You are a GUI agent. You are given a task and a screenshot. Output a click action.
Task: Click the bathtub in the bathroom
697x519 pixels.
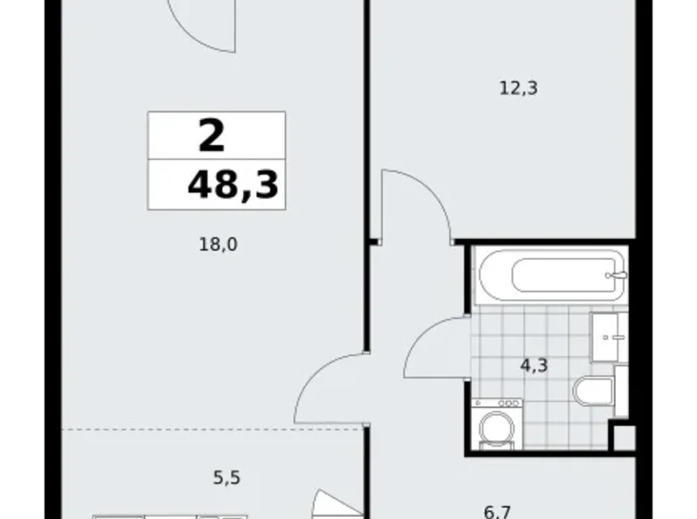point(549,275)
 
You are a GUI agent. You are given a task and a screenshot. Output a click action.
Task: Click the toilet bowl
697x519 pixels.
point(593,394)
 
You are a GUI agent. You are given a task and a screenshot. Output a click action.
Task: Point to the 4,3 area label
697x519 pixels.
point(535,364)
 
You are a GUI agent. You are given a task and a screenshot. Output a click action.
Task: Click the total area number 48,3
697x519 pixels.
point(231,185)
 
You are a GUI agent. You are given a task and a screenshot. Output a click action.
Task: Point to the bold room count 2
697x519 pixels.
point(211,136)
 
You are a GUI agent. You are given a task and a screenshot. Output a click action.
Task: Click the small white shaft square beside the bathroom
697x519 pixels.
point(623,436)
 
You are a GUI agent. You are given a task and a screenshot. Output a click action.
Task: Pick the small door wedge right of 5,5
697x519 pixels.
point(331,505)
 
